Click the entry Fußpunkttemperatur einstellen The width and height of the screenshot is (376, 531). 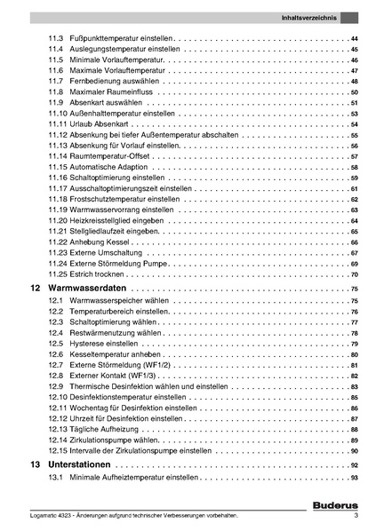120,39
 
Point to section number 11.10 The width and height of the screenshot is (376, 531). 58,114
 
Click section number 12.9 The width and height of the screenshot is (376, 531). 55,386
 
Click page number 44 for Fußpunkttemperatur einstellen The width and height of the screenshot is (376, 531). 354,39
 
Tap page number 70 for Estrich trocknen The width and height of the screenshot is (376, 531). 354,274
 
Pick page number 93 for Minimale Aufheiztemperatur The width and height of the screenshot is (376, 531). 354,479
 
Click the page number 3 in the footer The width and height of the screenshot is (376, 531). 356,516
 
